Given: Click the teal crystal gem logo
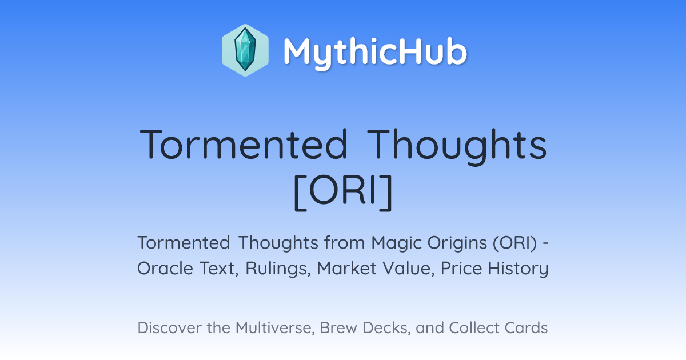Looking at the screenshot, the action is (x=245, y=50).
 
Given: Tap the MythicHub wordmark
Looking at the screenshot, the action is (x=375, y=52).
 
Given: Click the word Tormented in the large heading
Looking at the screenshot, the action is (x=244, y=144).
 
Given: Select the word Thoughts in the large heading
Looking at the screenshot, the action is (x=457, y=147).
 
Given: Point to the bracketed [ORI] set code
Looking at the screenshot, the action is (x=343, y=193).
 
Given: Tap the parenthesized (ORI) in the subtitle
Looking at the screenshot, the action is (x=515, y=243).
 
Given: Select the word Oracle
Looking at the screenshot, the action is (x=165, y=268).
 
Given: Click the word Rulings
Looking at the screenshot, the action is (x=278, y=269).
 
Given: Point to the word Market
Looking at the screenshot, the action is (x=346, y=268).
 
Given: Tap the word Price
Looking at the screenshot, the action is (x=461, y=268).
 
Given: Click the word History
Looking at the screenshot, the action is (x=518, y=269).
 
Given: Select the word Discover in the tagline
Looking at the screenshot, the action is (x=169, y=327).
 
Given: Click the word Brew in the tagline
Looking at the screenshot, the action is (x=338, y=327).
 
